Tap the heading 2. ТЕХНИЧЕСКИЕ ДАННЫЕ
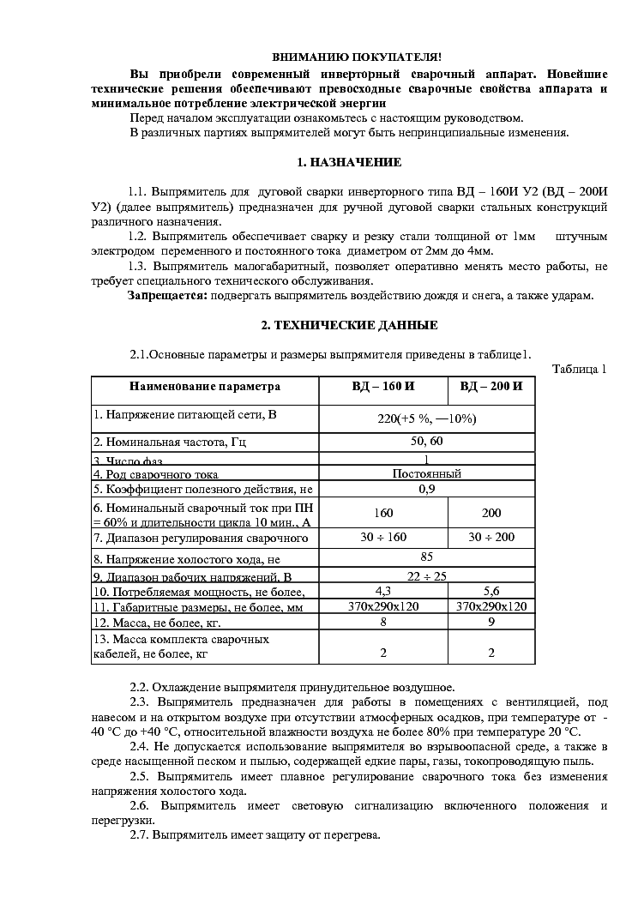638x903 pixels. (x=349, y=325)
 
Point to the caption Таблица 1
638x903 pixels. (x=580, y=369)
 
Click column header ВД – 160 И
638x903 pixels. (x=383, y=387)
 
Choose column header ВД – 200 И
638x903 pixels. (x=491, y=387)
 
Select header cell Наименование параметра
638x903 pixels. (x=205, y=387)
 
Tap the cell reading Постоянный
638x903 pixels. (x=427, y=473)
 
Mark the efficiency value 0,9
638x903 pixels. (x=427, y=489)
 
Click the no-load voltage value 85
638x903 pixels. (x=427, y=557)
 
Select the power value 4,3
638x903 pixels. (x=383, y=591)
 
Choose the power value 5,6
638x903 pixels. (x=491, y=591)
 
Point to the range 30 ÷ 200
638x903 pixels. (x=491, y=538)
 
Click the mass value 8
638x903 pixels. (x=383, y=622)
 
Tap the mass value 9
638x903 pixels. (x=491, y=622)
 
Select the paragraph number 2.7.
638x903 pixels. (x=140, y=834)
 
